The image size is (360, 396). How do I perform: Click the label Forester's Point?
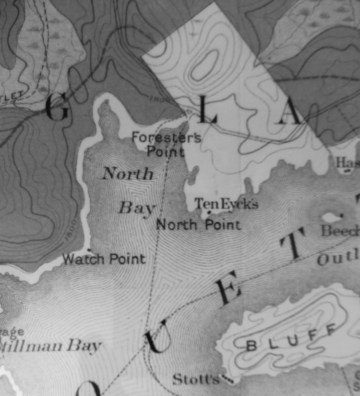coord(166,145)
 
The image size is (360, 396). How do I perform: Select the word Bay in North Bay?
coord(137,208)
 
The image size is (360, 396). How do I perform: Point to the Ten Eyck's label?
coord(226,204)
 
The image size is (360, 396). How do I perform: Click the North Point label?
coord(198,224)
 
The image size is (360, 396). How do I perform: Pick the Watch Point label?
coord(104,259)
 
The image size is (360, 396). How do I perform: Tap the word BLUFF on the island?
coord(290,338)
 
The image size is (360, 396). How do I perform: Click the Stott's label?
coord(196,379)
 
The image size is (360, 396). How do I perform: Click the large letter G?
coord(57,108)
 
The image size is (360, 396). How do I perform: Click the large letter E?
coord(225,288)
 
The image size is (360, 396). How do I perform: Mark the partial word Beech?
coord(340,231)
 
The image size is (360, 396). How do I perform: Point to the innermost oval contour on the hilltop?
coord(205,65)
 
